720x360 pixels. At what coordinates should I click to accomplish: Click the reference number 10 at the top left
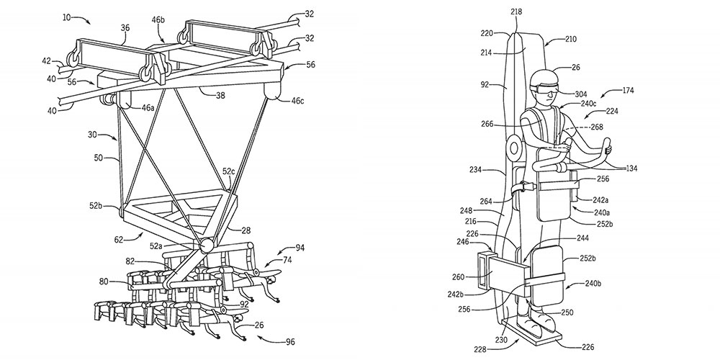66,18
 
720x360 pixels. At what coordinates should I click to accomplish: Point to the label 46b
158,19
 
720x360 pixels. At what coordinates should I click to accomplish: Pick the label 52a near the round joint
156,246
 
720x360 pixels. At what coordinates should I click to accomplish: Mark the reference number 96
289,341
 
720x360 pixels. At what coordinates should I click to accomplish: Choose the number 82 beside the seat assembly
131,261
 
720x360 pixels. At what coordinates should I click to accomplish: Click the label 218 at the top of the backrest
516,12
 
